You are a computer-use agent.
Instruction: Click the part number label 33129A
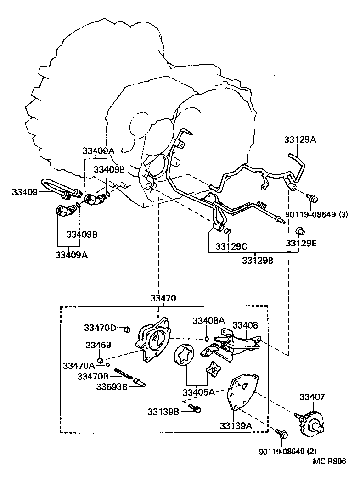click(x=300, y=140)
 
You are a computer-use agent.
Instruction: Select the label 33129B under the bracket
click(x=258, y=260)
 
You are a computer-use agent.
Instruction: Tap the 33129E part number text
click(x=301, y=243)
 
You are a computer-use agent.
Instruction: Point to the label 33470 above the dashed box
click(x=163, y=298)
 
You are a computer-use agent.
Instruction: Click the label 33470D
click(x=100, y=328)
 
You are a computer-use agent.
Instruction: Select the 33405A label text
click(x=198, y=392)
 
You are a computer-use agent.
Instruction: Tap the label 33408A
click(x=208, y=320)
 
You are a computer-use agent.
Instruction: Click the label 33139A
click(x=236, y=425)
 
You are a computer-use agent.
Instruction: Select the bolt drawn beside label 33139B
click(x=196, y=408)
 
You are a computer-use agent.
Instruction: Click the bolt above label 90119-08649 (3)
click(x=313, y=198)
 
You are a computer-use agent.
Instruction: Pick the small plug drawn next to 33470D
click(x=128, y=329)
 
